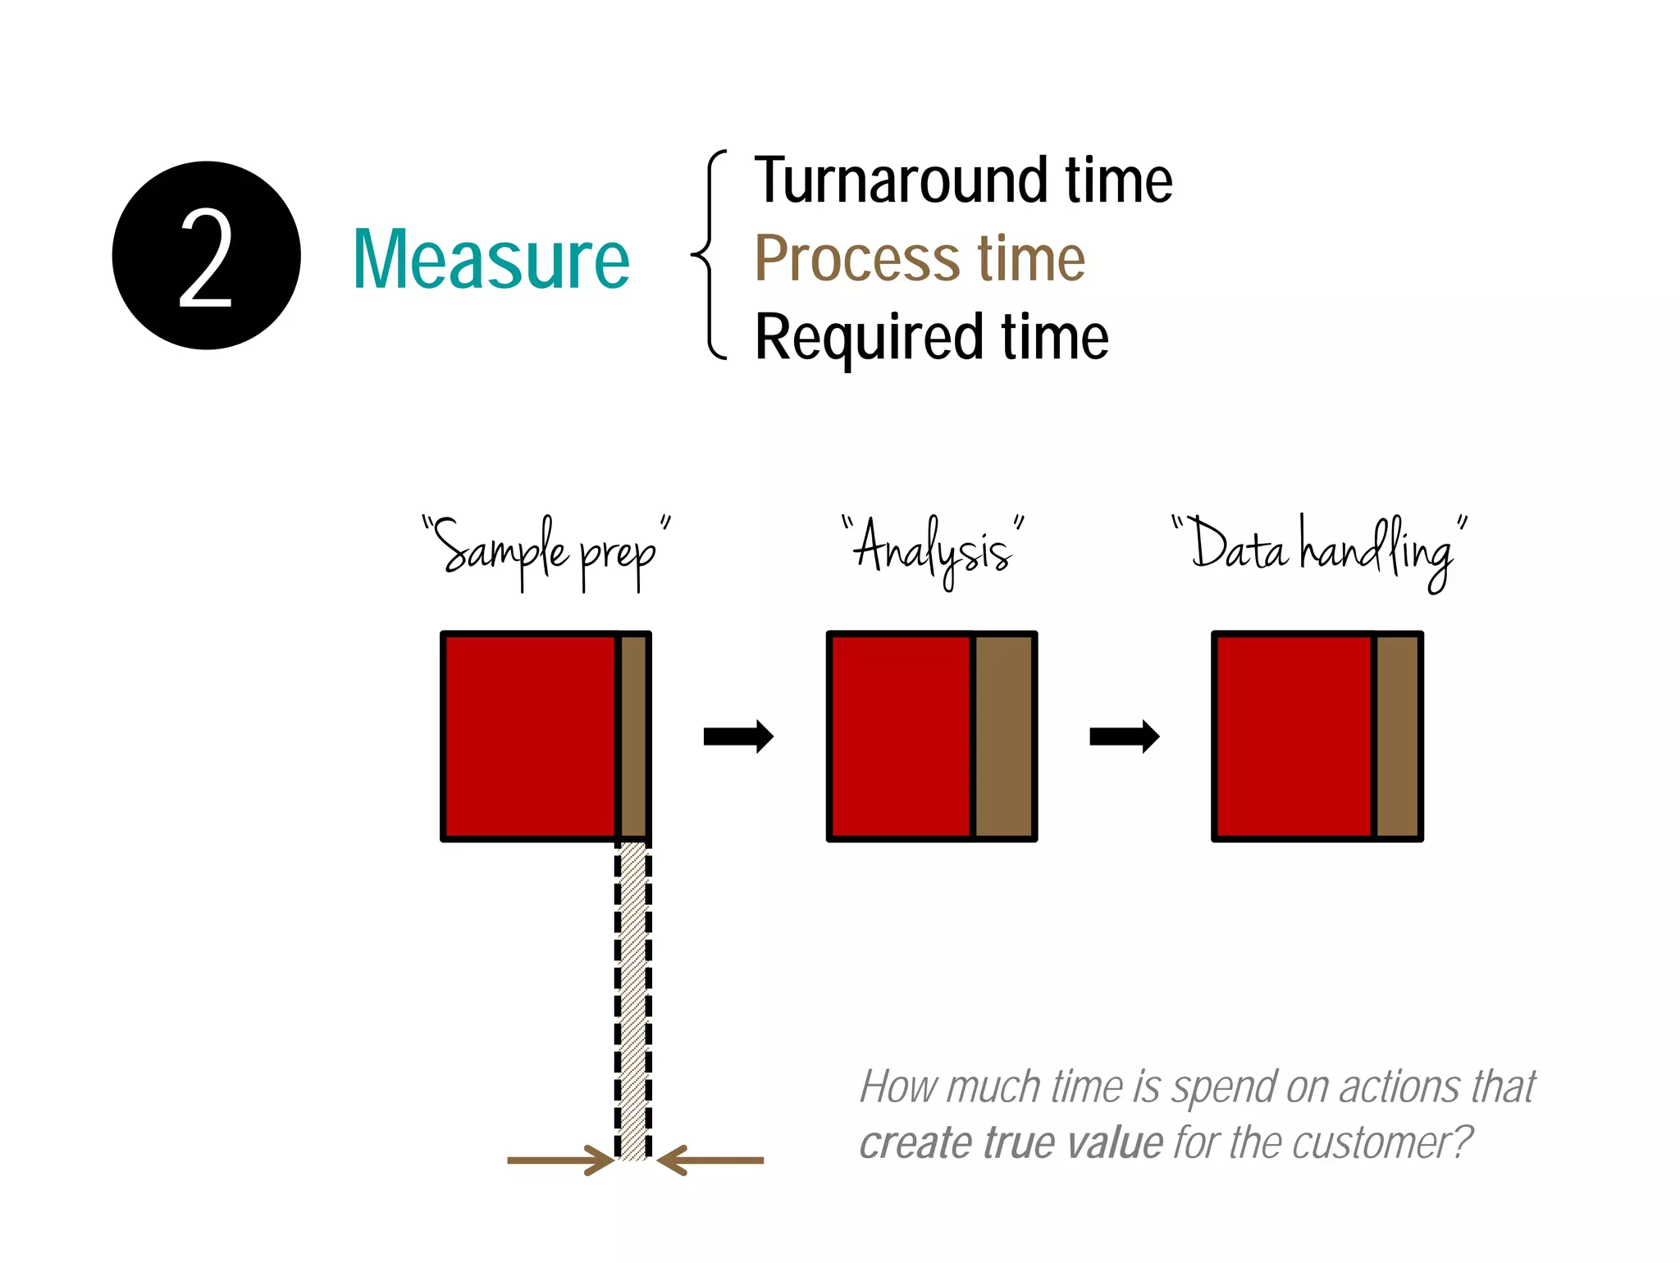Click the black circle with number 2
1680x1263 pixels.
click(206, 256)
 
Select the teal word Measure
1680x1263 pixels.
click(491, 261)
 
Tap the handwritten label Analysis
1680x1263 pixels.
click(934, 549)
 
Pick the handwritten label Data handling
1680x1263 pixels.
click(1319, 549)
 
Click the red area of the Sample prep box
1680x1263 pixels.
click(530, 736)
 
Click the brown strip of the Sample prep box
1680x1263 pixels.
click(632, 736)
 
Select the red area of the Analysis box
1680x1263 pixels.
click(900, 736)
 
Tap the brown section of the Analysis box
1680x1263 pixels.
click(1003, 736)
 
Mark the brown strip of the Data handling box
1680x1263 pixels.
click(1396, 736)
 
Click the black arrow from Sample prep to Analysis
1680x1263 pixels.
click(738, 736)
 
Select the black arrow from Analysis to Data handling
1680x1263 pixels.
click(1124, 736)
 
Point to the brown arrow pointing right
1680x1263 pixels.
click(561, 1160)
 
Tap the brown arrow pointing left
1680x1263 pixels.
click(710, 1160)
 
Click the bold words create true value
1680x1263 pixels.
click(1011, 1142)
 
